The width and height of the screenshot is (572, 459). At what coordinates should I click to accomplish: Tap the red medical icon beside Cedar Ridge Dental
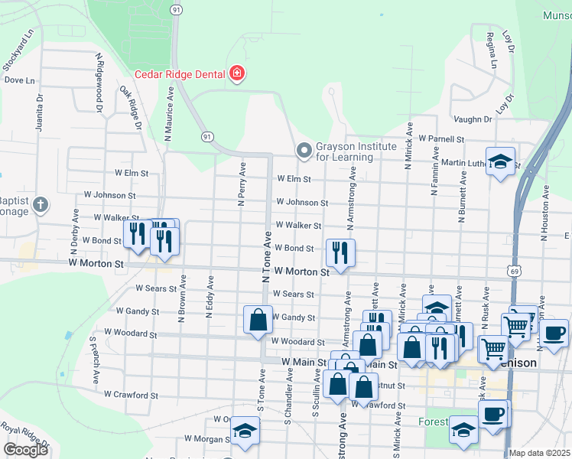click(237, 73)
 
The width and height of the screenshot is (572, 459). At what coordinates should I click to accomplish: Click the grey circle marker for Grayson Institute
click(304, 150)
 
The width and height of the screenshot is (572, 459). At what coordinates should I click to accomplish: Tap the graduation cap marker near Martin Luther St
click(501, 161)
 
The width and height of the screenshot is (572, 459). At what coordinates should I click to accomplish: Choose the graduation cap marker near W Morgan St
click(245, 431)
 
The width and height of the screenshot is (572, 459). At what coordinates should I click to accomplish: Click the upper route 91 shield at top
click(177, 9)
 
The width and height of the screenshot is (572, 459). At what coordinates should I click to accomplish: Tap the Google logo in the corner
click(25, 450)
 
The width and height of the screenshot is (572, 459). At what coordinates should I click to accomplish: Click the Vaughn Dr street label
click(472, 119)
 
